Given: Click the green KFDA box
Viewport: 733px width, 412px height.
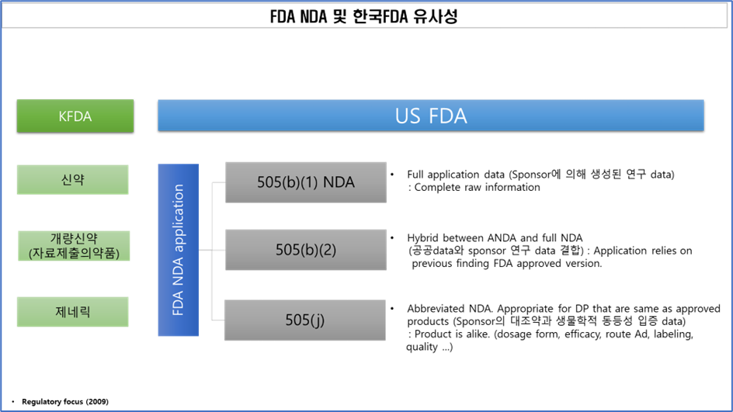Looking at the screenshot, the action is [x=75, y=116].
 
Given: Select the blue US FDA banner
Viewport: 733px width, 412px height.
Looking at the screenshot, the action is [x=430, y=116].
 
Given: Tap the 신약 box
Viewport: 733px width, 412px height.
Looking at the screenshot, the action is [x=72, y=179].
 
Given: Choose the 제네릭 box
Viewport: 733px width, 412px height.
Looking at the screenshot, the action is [x=72, y=312].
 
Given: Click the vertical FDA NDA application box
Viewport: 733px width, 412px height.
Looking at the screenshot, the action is [x=178, y=250].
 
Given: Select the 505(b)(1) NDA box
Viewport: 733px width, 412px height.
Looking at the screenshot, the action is [x=306, y=182].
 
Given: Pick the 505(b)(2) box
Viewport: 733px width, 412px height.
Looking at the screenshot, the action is [x=306, y=250].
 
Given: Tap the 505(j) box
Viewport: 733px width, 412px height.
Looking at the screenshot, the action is [x=304, y=320].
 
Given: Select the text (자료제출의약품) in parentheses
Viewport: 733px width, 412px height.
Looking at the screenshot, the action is [x=74, y=254].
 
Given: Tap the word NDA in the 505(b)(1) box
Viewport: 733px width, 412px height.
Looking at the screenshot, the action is [x=339, y=182].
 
